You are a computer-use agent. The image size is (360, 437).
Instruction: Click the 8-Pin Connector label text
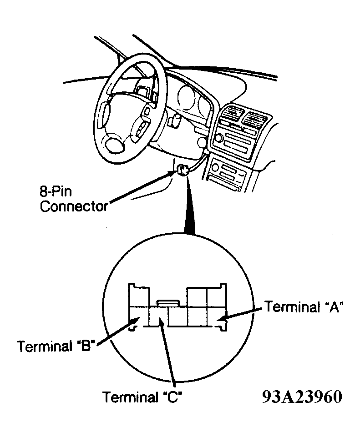click(74, 199)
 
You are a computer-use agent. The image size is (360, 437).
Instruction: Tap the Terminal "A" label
click(304, 307)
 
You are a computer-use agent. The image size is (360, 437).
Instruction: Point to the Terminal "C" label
click(143, 397)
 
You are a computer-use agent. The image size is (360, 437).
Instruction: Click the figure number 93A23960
click(302, 397)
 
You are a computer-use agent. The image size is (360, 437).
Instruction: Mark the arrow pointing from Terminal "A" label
click(240, 313)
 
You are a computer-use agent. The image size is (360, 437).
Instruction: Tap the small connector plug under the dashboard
click(183, 170)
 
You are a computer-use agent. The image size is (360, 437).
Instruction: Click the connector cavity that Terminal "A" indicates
click(216, 316)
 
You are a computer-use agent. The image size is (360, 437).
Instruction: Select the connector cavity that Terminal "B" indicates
click(139, 316)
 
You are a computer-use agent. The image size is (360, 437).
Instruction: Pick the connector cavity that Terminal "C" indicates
click(158, 316)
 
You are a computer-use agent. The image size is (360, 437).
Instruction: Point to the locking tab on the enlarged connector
click(168, 303)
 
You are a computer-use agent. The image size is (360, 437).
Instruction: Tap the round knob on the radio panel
click(218, 138)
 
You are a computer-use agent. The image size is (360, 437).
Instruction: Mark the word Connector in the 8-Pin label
click(74, 206)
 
